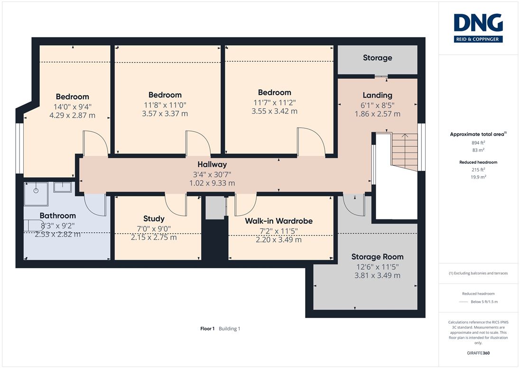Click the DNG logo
[478, 28]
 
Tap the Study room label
[154, 219]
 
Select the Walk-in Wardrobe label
[279, 221]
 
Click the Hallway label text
[212, 164]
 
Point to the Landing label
[377, 95]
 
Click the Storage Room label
[377, 257]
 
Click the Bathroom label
[58, 216]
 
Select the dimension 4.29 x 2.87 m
[72, 115]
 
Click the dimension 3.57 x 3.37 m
[165, 113]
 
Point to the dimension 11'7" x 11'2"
[275, 103]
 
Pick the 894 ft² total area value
[478, 142]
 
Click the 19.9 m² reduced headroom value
[478, 177]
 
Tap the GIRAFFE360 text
[478, 353]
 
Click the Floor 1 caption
[207, 329]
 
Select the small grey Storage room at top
[377, 60]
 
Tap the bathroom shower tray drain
[36, 190]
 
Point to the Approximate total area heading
[478, 134]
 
